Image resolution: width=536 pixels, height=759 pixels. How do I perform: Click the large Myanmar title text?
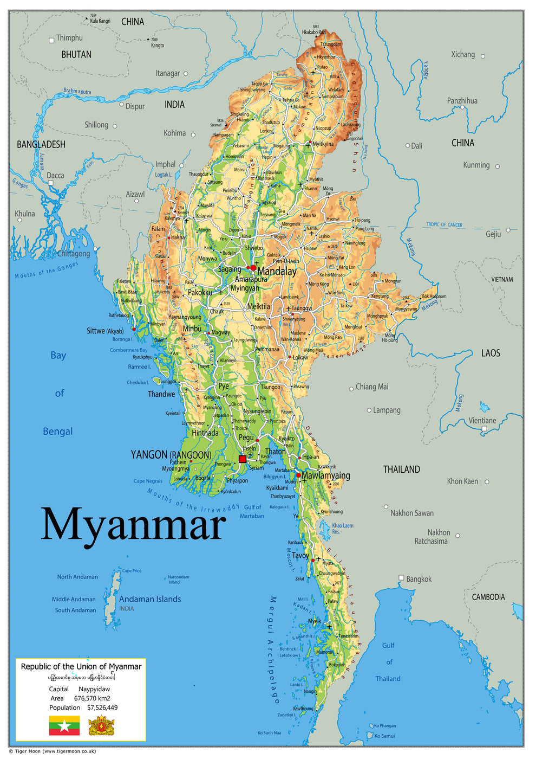click(133, 525)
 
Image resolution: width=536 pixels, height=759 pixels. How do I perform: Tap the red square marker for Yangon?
click(243, 459)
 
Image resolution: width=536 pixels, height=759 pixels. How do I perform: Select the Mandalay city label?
click(277, 272)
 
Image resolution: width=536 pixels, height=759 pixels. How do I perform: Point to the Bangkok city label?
click(419, 579)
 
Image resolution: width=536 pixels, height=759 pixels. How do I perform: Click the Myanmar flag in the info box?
click(64, 725)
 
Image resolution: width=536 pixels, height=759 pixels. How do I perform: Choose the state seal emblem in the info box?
click(101, 725)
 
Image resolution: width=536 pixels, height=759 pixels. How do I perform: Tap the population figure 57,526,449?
click(102, 707)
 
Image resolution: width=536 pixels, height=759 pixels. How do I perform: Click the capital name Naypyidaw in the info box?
click(94, 689)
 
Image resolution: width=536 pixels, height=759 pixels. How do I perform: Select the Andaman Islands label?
click(150, 599)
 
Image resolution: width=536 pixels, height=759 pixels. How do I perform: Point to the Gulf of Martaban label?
click(252, 512)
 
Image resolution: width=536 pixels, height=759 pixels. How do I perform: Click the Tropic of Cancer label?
click(444, 224)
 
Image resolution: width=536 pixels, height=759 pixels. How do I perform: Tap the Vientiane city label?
click(482, 421)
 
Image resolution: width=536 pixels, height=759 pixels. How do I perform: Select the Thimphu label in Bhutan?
click(69, 38)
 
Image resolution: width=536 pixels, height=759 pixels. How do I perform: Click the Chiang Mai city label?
click(371, 387)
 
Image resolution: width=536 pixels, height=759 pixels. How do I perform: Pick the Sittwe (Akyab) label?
click(105, 331)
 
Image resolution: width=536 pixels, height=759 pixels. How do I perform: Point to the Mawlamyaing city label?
click(325, 475)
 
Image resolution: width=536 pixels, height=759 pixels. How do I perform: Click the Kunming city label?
click(476, 165)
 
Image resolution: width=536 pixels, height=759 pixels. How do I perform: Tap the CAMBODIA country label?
click(488, 597)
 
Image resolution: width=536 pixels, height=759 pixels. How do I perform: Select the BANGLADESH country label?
click(41, 144)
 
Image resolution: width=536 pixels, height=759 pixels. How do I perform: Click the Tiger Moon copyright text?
click(53, 751)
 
